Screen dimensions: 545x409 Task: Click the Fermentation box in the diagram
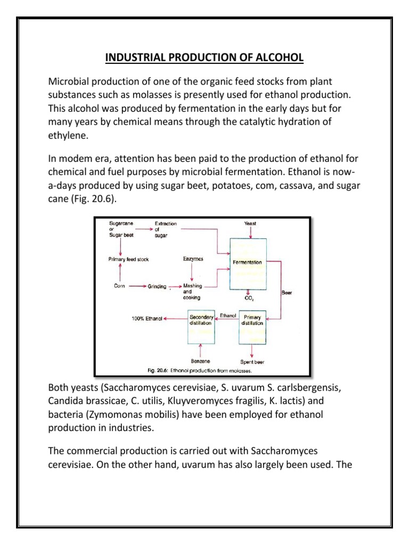pyautogui.click(x=247, y=263)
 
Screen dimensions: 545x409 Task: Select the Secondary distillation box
pyautogui.click(x=200, y=324)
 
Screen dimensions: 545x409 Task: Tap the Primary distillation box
pyautogui.click(x=251, y=324)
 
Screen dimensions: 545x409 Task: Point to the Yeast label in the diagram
pyautogui.click(x=250, y=224)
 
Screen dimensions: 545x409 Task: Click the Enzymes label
pyautogui.click(x=192, y=259)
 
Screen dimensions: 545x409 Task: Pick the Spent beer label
pyautogui.click(x=252, y=362)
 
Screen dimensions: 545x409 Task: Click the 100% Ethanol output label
pyautogui.click(x=146, y=319)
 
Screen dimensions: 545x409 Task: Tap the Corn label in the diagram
pyautogui.click(x=120, y=286)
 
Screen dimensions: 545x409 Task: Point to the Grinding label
pyautogui.click(x=158, y=286)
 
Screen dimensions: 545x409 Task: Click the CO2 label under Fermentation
pyautogui.click(x=249, y=299)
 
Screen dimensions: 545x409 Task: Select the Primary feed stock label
pyautogui.click(x=128, y=259)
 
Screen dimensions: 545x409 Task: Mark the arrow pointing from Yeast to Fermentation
pyautogui.click(x=250, y=233)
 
